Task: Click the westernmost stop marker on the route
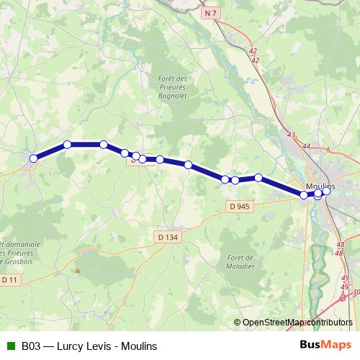click(x=33, y=158)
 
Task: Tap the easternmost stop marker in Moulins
click(x=326, y=190)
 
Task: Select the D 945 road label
click(x=240, y=207)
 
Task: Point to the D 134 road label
click(x=167, y=237)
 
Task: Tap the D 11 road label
click(x=9, y=279)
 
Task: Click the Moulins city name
click(x=320, y=186)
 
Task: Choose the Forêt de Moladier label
click(x=240, y=261)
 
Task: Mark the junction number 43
click(x=291, y=135)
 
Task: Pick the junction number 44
click(x=307, y=146)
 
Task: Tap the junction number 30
click(x=356, y=292)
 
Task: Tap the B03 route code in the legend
click(x=30, y=346)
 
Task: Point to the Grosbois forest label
click(x=19, y=253)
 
